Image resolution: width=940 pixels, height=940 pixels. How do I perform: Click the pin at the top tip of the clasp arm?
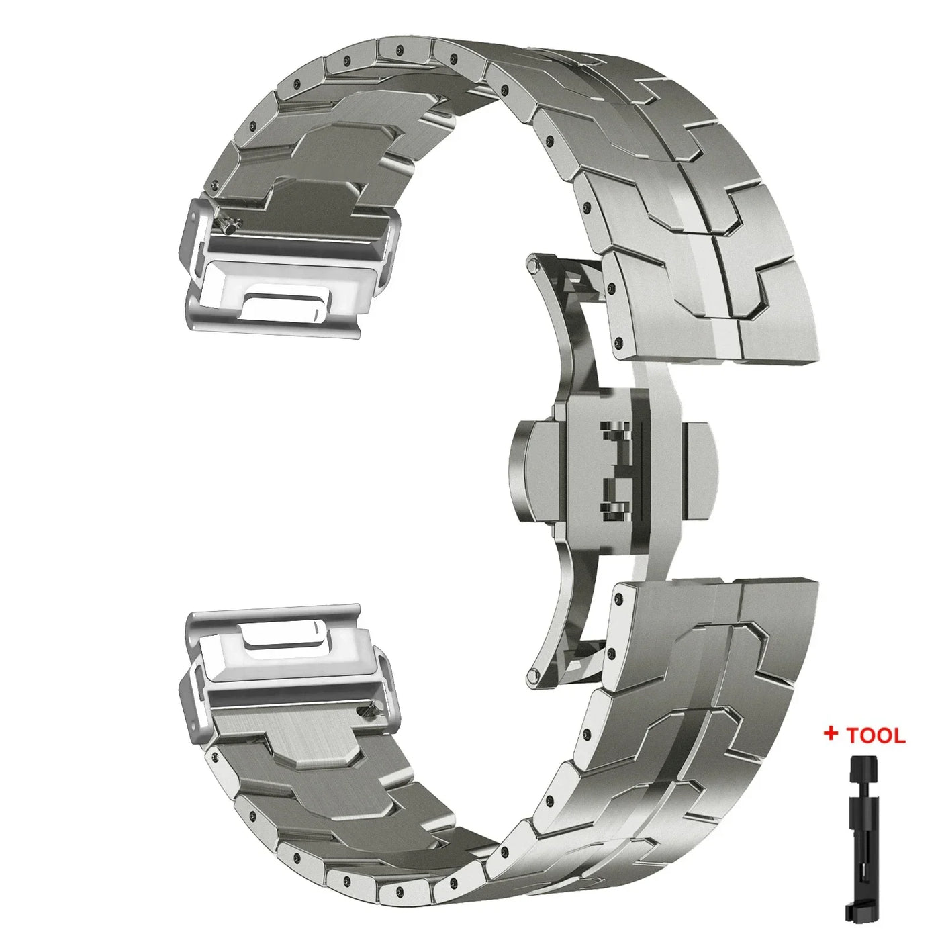pos(532,263)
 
